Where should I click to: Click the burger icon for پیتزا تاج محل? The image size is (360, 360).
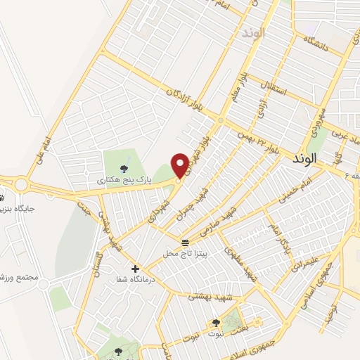(185, 243)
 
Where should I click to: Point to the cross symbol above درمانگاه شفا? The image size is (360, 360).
(134, 268)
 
